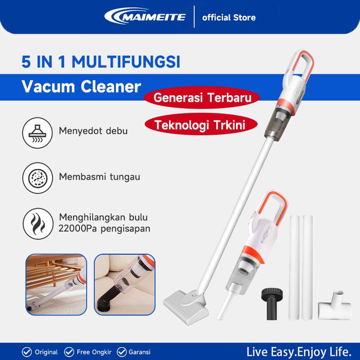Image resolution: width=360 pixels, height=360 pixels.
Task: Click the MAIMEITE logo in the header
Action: (145, 16)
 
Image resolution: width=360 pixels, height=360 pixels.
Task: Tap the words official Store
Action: (229, 18)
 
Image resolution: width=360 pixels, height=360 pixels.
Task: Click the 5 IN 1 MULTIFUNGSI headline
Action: (101, 61)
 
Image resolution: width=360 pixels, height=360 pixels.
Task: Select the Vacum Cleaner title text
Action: (81, 87)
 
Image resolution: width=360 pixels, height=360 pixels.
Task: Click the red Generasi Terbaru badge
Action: (202, 98)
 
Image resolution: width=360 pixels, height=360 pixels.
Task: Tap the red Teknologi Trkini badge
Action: (201, 125)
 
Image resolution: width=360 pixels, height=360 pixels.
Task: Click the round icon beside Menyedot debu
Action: (37, 133)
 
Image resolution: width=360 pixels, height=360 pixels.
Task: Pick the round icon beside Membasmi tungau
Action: (38, 178)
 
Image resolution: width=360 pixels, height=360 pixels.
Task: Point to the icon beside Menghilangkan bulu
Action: (38, 224)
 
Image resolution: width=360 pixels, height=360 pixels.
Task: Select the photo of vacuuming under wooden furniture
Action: (56, 285)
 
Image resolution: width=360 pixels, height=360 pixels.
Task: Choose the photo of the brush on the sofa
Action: (124, 285)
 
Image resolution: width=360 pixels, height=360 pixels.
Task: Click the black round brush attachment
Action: (272, 304)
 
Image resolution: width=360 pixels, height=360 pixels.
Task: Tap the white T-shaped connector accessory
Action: (335, 305)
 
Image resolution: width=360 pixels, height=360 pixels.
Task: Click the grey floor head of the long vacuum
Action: (186, 307)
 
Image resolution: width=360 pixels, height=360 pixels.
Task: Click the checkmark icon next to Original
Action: (27, 352)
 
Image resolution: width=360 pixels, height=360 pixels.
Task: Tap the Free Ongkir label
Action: (94, 352)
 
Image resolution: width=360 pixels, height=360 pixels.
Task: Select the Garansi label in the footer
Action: (140, 352)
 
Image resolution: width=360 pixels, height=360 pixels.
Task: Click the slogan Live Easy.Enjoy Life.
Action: (299, 352)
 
